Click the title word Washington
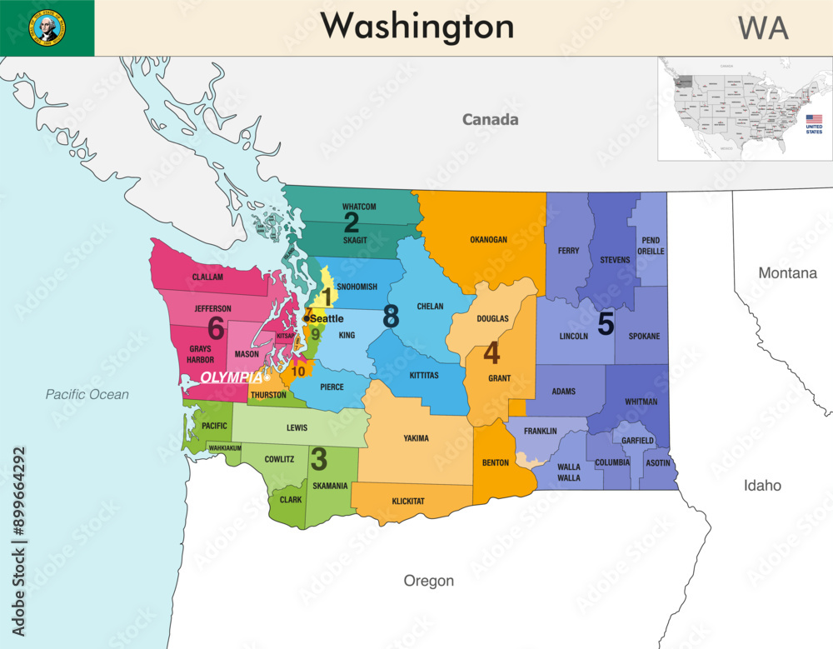(417, 27)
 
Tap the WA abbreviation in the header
(762, 28)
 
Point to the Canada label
(491, 120)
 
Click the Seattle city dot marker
(307, 318)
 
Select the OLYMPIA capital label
(232, 377)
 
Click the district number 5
(606, 323)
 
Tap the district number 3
(318, 458)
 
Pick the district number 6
(216, 327)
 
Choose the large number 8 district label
(391, 317)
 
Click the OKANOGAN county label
(488, 240)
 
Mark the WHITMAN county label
(641, 402)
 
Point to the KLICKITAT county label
(408, 502)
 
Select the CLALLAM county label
(207, 277)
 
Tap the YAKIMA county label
(416, 438)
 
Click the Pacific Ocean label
(87, 394)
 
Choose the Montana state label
(787, 273)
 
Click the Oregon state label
(428, 581)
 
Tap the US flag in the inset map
(813, 120)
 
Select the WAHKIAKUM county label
(225, 448)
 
